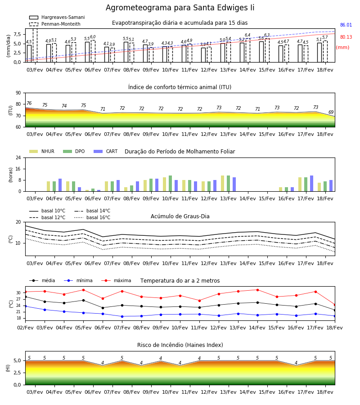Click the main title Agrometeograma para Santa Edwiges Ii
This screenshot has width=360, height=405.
[180, 8]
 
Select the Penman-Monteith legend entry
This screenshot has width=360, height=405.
[55, 24]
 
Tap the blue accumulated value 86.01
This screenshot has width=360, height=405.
[346, 25]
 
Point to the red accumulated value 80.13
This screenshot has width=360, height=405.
[346, 37]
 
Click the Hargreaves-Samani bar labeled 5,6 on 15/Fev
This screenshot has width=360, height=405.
[261, 52]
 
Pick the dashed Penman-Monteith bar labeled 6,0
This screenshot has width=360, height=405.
[93, 51]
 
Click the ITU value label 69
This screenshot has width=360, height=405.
[331, 112]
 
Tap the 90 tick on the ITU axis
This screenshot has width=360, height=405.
[18, 93]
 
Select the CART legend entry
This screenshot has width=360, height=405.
[106, 151]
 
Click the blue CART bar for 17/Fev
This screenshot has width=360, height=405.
[312, 184]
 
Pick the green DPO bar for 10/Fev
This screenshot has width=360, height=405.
[171, 184]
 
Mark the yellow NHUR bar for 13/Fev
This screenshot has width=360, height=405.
[223, 184]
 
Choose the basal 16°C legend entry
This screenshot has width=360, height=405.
[92, 217]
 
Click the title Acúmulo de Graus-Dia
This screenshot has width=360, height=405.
[180, 216]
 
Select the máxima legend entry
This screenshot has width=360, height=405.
[117, 280]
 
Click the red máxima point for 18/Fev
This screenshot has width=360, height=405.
[335, 305]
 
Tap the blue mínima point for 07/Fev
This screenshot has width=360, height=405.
[122, 316]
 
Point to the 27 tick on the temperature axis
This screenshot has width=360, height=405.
[18, 299]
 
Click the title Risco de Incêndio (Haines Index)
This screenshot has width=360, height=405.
[180, 345]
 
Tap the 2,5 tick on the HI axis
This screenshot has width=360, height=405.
[17, 373]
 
